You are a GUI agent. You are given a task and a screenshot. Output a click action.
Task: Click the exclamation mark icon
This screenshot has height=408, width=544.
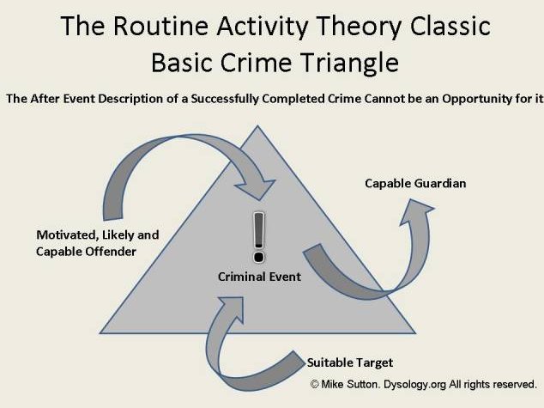pos(259,237)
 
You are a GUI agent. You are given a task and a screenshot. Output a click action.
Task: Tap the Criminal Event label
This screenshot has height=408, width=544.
pos(259,277)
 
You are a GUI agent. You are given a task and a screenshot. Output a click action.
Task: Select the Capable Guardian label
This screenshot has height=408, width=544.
pos(415,184)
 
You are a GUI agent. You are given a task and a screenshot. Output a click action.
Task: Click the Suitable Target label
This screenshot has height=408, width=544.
pos(350,362)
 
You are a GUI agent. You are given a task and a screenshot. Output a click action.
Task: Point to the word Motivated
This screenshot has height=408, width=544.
pos(67,235)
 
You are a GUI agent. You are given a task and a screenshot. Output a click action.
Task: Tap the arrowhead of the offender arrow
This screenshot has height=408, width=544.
pos(257,189)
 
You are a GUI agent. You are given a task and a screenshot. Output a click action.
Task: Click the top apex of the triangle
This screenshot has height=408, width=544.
pos(257,125)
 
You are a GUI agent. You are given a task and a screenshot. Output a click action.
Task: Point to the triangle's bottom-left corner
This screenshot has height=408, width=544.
pos(100,333)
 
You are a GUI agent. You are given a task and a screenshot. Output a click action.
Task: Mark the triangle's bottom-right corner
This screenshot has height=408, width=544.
pos(415,333)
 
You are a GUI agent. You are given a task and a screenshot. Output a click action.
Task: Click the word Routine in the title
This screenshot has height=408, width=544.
pos(160,26)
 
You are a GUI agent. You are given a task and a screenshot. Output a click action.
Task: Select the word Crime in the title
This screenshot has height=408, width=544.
pos(256,63)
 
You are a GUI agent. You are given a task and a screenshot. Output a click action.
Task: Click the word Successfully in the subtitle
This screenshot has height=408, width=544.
pos(225,100)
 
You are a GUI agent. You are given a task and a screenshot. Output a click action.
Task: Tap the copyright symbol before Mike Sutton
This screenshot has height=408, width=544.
pos(314,384)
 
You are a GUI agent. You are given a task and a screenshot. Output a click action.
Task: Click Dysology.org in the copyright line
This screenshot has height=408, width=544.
pos(414,385)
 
